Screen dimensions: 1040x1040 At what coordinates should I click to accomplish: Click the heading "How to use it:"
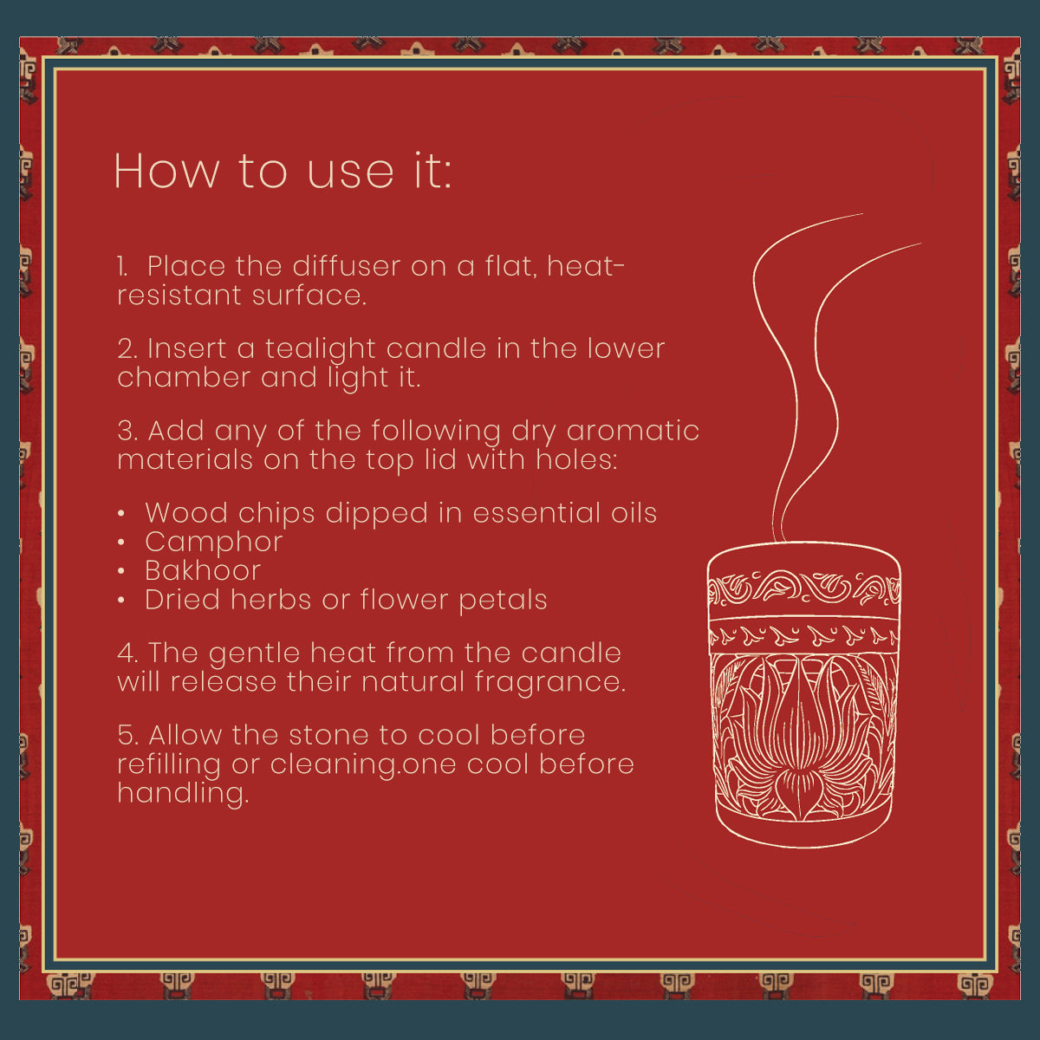[283, 171]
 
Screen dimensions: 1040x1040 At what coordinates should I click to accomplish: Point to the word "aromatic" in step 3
[633, 432]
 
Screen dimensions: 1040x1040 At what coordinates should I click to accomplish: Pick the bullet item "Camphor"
[214, 543]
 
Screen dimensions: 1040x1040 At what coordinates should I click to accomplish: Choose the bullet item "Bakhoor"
[203, 571]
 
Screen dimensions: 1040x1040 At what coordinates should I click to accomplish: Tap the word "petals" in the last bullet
[503, 601]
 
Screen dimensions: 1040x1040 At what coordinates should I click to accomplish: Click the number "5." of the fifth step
[128, 735]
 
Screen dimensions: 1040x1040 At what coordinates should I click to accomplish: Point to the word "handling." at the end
[184, 794]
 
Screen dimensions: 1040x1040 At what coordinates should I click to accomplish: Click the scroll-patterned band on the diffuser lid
[803, 588]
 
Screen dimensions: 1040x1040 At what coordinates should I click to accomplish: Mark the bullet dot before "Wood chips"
[121, 514]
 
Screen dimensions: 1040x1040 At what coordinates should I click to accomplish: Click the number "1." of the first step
[122, 267]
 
